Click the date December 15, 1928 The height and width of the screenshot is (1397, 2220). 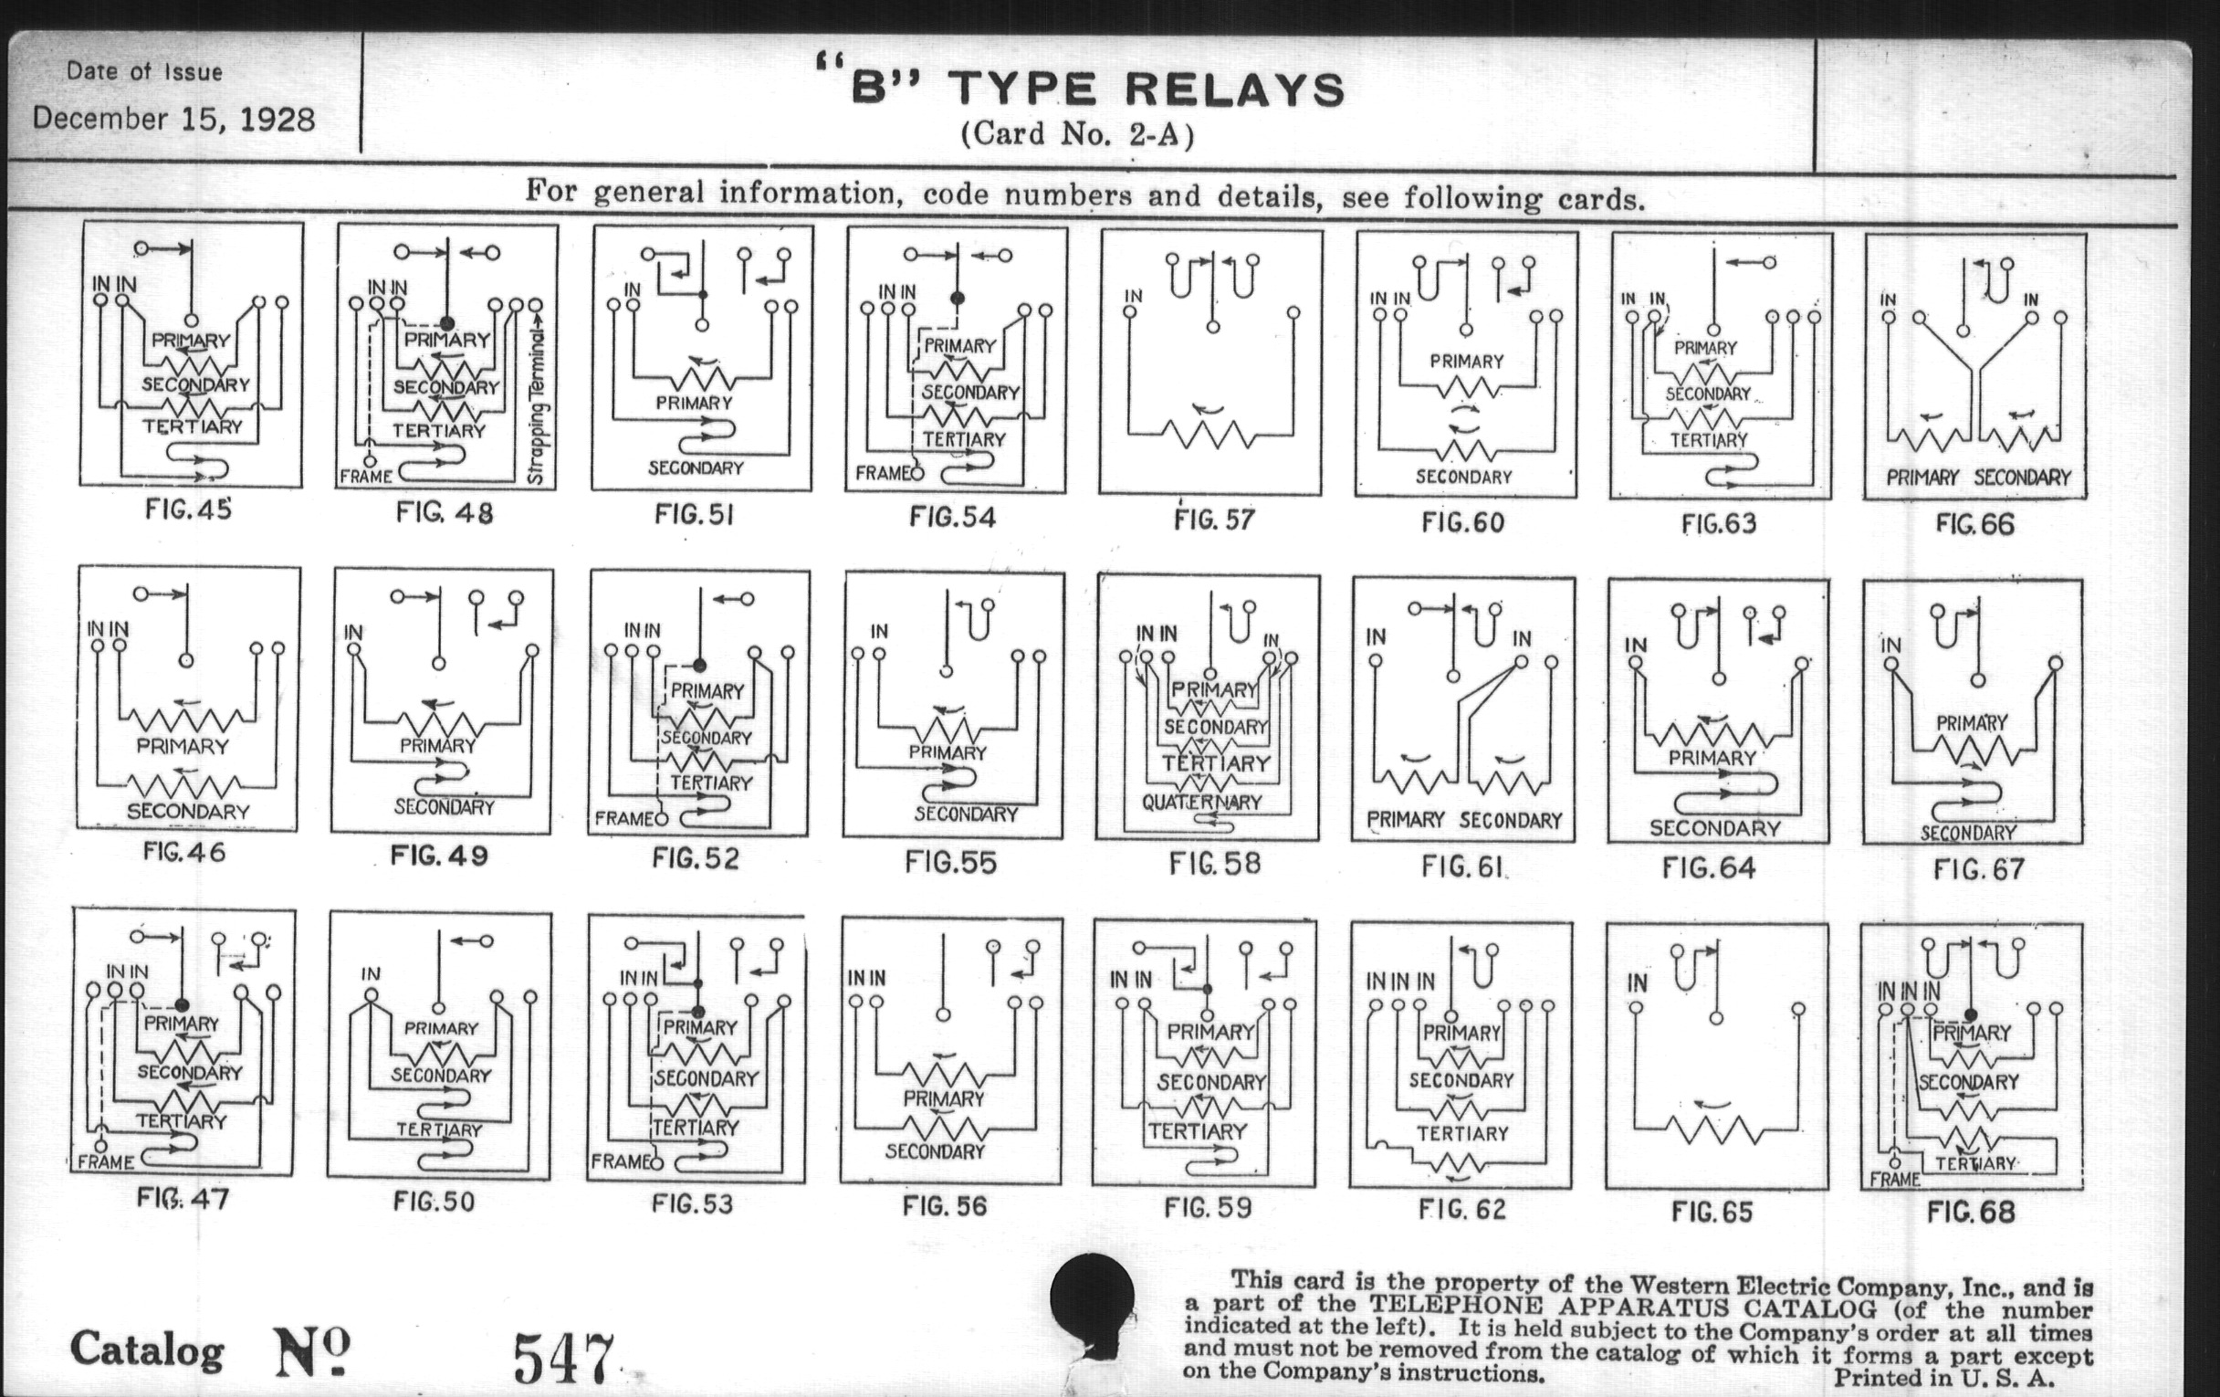point(173,120)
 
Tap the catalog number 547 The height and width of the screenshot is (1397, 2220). point(562,1358)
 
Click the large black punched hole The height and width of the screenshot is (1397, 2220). point(1092,1296)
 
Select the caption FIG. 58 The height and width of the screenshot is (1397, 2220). point(1214,864)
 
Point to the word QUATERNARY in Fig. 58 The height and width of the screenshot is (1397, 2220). point(1201,803)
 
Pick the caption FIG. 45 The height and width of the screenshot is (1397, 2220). point(188,509)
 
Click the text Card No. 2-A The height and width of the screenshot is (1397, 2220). point(1077,134)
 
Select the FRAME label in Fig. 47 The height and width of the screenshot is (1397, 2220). point(105,1161)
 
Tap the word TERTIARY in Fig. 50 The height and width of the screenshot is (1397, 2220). point(440,1129)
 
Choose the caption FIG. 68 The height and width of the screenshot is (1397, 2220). point(1971,1211)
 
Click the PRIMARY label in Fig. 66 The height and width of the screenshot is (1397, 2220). point(1922,478)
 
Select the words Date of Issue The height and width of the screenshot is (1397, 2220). point(145,72)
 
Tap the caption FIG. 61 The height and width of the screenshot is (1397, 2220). point(1463,867)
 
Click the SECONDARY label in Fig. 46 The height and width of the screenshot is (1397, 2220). point(188,812)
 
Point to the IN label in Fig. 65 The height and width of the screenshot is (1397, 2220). point(1638,983)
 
